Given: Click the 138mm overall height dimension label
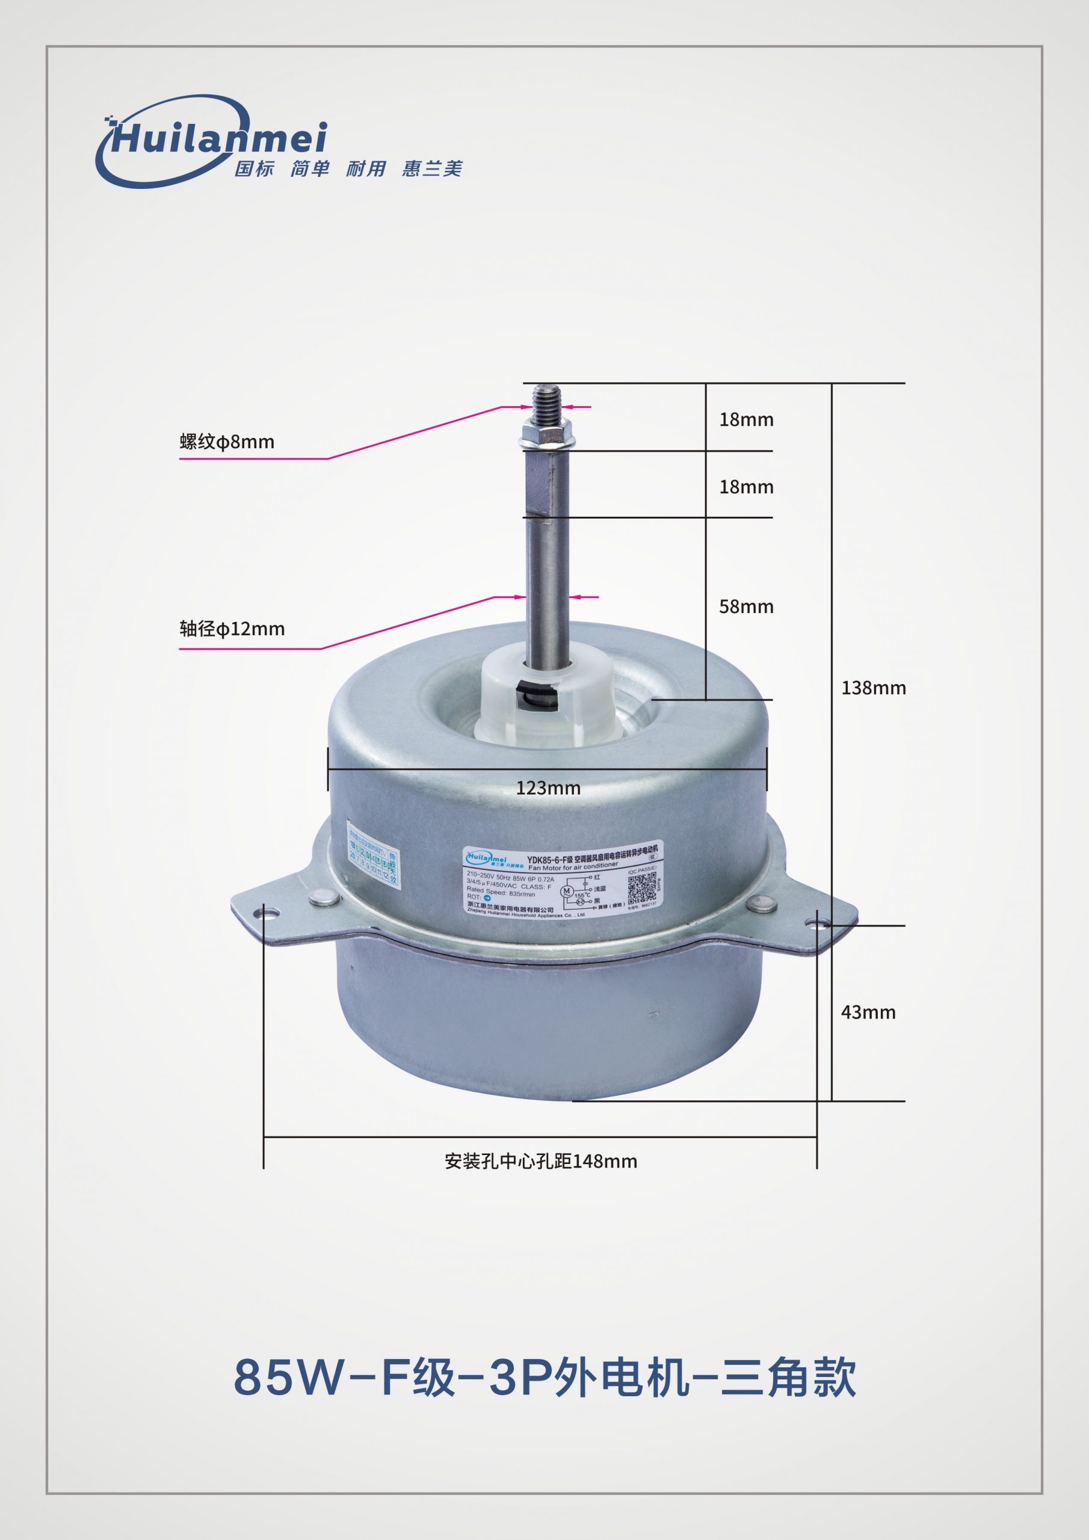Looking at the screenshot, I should coord(873,688).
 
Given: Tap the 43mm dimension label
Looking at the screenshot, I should coord(868,1012).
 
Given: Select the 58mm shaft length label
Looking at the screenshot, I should coord(746,607).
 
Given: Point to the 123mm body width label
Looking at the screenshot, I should coord(548,788).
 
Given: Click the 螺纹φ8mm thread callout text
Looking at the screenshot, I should coord(227,442).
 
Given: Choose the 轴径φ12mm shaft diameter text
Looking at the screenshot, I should coord(232,629).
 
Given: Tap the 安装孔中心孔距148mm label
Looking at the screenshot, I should coord(540,1162).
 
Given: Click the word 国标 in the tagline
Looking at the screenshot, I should coord(254,168).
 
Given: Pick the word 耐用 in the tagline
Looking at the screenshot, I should coord(366,168).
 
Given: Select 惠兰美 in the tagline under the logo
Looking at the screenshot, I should coord(432,168).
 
